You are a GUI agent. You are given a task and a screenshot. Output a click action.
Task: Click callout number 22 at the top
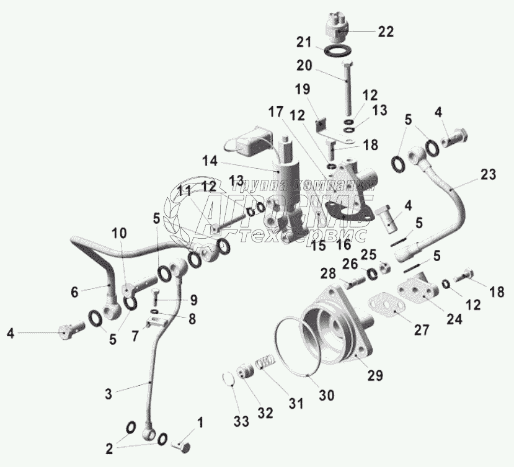(386, 33)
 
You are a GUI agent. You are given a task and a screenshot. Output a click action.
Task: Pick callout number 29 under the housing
(374, 375)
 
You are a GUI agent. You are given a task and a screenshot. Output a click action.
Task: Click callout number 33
(241, 421)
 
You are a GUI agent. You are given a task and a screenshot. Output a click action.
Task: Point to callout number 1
(200, 424)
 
